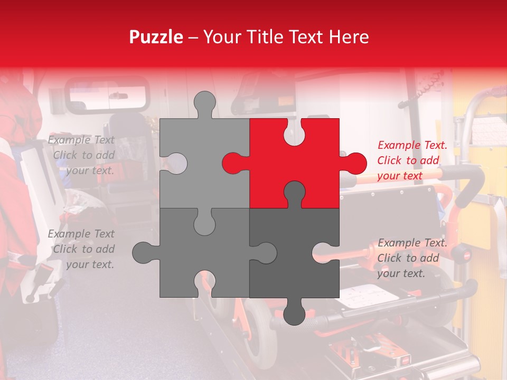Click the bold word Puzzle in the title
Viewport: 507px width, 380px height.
(x=157, y=37)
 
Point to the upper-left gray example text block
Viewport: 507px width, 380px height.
(x=82, y=155)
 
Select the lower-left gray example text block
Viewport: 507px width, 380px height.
(x=82, y=249)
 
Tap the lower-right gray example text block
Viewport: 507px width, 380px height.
(x=412, y=258)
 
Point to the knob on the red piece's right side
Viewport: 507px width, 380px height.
(x=355, y=163)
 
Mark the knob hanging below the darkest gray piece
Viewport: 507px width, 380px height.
(x=294, y=314)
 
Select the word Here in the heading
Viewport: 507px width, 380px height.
(x=349, y=37)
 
